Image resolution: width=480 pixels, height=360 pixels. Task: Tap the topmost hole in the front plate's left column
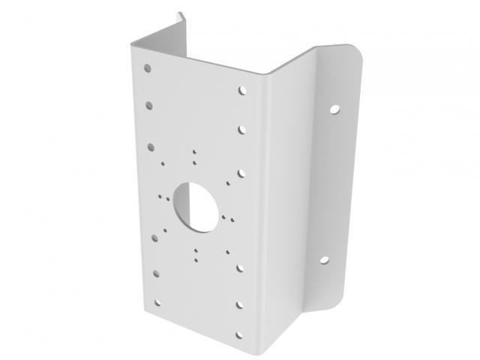[x=148, y=68]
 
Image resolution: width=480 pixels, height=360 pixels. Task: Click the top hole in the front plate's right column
[x=242, y=90]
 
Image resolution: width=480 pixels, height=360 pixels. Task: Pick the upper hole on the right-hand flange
[x=333, y=109]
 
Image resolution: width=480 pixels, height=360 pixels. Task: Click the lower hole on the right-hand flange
[x=325, y=260]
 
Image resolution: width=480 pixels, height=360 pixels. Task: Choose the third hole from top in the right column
[x=241, y=172]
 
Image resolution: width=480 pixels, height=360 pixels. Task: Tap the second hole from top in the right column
[x=242, y=130]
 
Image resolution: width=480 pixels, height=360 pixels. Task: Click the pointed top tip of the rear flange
[x=180, y=13]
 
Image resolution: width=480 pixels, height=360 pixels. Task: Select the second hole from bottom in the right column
[x=242, y=305]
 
